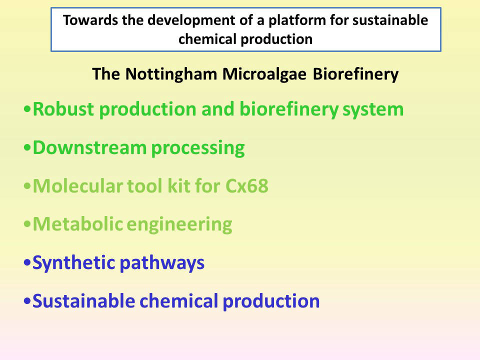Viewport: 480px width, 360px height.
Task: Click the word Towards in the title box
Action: click(x=90, y=20)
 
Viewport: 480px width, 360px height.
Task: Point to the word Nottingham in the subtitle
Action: click(x=171, y=74)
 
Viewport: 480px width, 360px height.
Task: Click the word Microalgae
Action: click(x=264, y=74)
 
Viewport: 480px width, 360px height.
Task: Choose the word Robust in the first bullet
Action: click(x=63, y=109)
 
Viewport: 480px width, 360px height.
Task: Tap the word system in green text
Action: click(x=373, y=110)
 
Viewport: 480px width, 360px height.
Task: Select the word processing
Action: click(x=198, y=149)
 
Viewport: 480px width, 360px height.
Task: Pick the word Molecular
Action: click(x=78, y=185)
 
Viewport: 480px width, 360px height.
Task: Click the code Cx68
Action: click(x=246, y=186)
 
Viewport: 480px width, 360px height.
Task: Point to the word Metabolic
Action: click(x=78, y=224)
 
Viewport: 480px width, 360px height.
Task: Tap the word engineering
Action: click(x=179, y=225)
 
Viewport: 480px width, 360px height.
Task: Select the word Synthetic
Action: click(x=73, y=262)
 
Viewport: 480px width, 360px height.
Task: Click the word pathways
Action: click(x=161, y=263)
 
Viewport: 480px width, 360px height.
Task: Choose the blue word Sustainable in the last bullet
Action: click(x=83, y=301)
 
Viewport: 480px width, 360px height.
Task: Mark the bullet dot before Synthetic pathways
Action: click(x=27, y=263)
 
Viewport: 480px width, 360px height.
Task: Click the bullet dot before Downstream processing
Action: click(x=27, y=148)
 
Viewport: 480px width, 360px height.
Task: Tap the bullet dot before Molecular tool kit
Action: click(x=27, y=186)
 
